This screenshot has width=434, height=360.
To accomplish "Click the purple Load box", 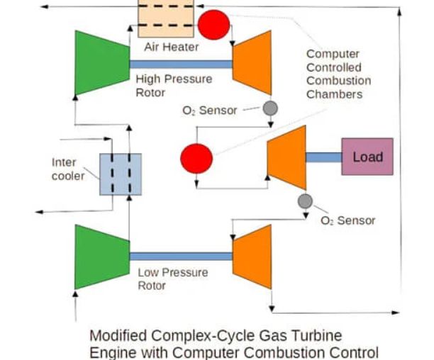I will (367, 157).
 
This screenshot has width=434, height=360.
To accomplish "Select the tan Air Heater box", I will (165, 18).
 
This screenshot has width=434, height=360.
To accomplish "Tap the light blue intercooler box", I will (120, 174).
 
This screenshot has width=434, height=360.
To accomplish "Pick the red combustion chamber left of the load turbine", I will (196, 157).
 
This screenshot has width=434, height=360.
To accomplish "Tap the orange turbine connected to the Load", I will (286, 157).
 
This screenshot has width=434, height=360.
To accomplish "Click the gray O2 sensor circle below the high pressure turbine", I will (270, 108).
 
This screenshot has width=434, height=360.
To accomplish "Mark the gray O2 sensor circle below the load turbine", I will (305, 201).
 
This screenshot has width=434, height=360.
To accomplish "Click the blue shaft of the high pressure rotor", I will (182, 64).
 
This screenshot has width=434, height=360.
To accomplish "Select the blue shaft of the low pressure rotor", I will (182, 256).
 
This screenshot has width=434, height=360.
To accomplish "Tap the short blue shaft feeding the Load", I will (323, 157).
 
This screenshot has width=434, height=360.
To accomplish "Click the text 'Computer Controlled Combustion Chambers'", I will (338, 74).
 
